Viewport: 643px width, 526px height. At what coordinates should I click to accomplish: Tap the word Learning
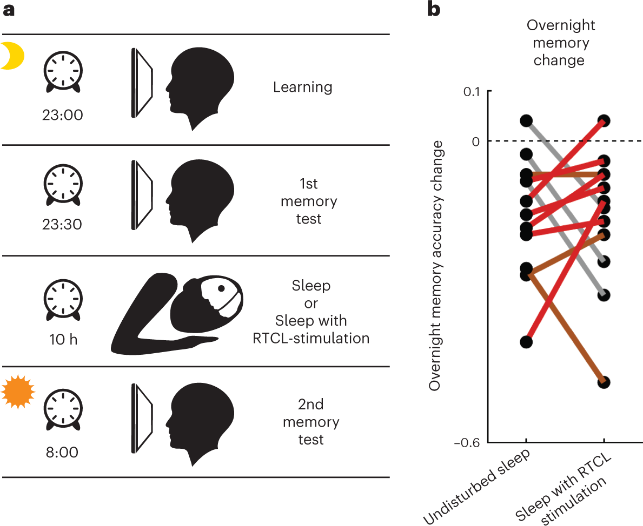(302, 87)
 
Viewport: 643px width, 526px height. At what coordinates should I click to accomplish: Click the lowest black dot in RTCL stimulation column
(604, 382)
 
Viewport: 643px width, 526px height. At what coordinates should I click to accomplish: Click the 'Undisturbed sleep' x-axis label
(476, 486)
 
